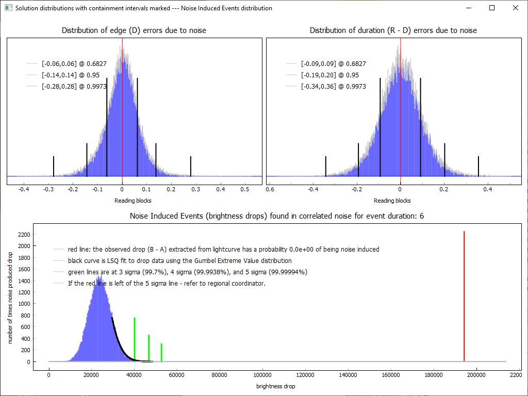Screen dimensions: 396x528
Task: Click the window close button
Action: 515,8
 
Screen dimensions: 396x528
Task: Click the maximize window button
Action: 492,8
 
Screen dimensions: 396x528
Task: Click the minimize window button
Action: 468,8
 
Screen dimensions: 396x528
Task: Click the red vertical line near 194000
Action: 464,296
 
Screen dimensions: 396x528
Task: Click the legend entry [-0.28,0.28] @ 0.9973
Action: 74,87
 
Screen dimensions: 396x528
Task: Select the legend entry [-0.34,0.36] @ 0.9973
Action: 333,87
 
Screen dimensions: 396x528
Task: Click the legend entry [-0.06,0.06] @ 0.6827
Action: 74,64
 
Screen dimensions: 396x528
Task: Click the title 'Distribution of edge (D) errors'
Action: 134,30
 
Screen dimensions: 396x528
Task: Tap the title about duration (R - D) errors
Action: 393,30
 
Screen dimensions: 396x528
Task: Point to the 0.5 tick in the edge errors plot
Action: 245,189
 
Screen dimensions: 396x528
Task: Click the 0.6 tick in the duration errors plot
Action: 270,189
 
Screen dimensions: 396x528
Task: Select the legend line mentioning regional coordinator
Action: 167,283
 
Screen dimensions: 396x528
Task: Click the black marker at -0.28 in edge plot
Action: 54,166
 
